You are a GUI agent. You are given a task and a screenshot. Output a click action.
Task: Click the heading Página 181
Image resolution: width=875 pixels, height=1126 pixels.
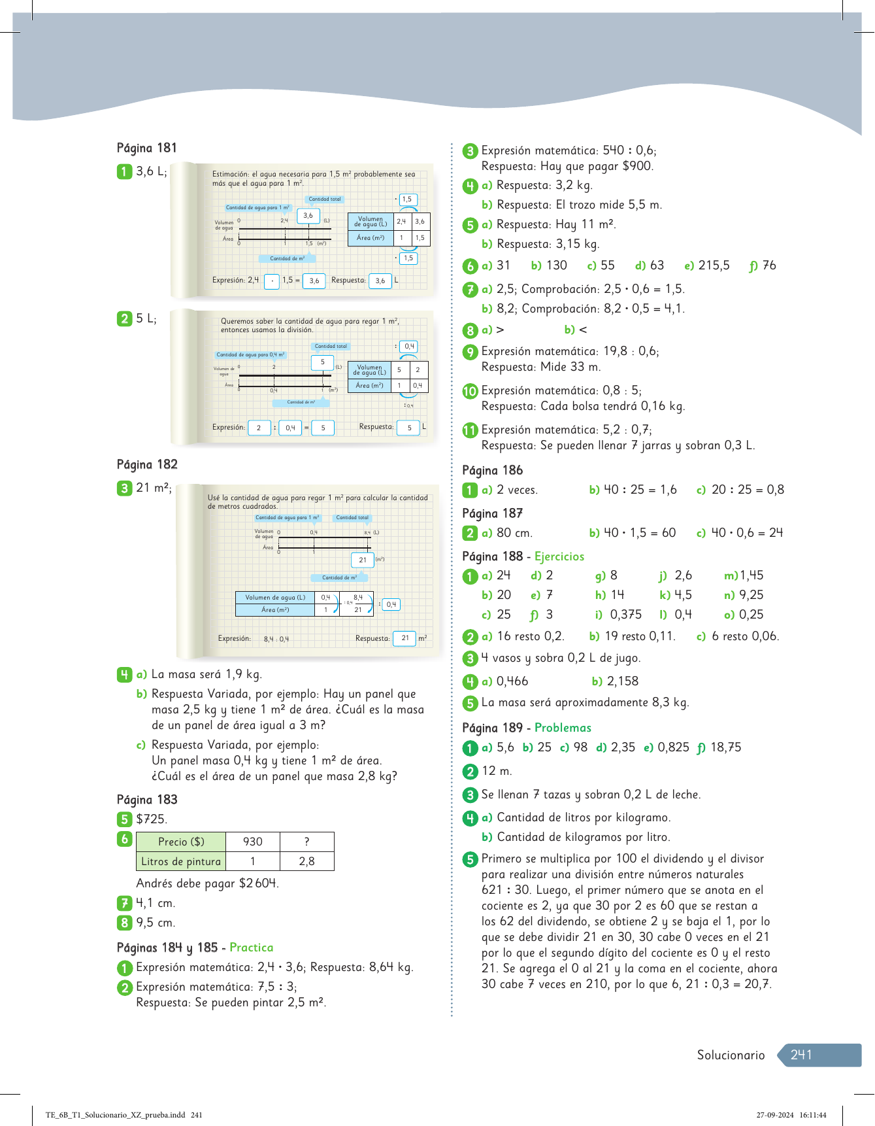coord(146,148)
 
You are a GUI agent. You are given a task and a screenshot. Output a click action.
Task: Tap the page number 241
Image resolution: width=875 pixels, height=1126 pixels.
coord(801,1055)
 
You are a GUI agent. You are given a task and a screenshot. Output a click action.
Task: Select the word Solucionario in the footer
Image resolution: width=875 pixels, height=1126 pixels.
coord(730,1055)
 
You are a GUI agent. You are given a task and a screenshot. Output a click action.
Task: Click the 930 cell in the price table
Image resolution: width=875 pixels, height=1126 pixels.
coord(252,842)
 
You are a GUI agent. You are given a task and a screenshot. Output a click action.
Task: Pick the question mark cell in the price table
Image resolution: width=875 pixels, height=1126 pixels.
coord(306,842)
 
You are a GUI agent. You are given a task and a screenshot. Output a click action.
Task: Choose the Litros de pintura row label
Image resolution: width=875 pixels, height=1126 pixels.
coord(181,861)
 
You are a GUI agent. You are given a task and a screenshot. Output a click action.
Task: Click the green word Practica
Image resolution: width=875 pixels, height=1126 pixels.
coord(251,947)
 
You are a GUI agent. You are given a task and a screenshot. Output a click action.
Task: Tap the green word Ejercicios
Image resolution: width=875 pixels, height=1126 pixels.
coord(559,556)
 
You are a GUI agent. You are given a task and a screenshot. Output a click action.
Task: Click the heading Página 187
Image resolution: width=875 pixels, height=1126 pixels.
coord(492,513)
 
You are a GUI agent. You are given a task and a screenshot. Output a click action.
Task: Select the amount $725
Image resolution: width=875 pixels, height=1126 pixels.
coord(151,819)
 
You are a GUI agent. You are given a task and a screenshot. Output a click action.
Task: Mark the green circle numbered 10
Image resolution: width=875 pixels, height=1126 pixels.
coord(470,391)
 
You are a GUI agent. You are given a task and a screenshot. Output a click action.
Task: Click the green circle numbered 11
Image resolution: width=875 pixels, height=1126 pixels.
coord(470,430)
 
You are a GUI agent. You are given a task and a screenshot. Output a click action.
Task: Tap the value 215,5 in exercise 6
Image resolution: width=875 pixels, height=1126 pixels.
coord(714,265)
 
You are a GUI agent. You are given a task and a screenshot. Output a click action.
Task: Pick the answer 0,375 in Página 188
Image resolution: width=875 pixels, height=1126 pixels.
coord(625,615)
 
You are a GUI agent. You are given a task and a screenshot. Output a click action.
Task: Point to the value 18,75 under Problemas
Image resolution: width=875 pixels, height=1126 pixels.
coord(725,747)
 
